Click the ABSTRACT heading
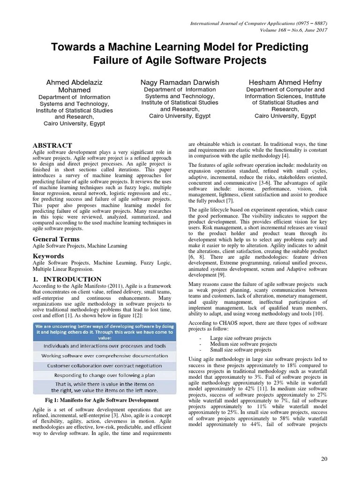click(52, 145)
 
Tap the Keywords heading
click(48, 256)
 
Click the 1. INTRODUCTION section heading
click(61, 279)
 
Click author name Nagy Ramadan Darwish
click(180, 82)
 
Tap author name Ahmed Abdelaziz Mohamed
click(74, 86)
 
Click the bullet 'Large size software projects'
click(240, 337)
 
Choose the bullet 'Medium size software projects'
click(244, 344)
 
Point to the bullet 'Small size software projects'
click(240, 350)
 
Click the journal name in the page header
click(259, 23)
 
